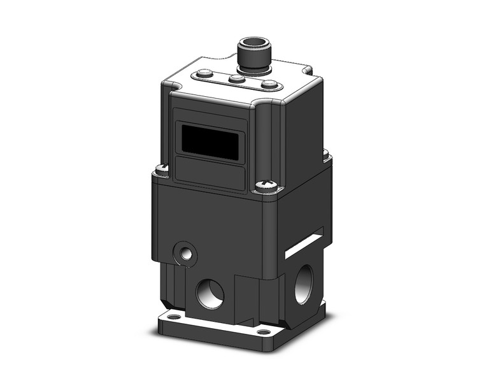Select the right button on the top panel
(269, 85)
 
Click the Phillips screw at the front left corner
(162, 169)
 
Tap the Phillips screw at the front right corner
(265, 187)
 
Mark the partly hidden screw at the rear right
(326, 154)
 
